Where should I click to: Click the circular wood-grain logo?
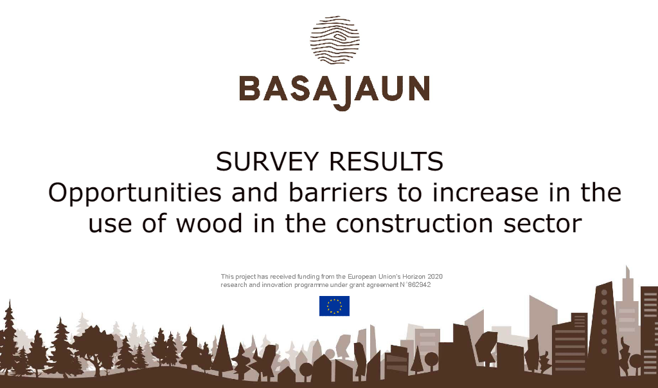point(335,40)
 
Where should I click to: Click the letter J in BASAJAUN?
point(342,93)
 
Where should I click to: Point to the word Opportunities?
point(135,194)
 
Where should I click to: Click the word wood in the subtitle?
point(209,223)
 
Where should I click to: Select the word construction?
point(414,224)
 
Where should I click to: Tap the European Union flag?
point(334,306)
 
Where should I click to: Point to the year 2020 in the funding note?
point(435,277)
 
